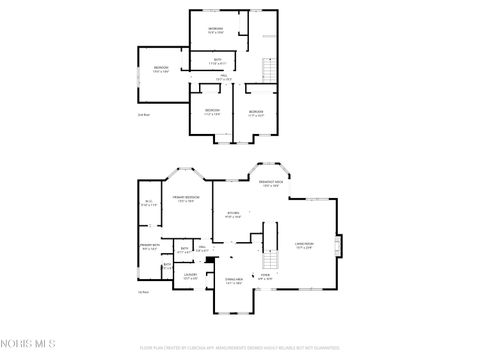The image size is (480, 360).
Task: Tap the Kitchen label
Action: coord(233,214)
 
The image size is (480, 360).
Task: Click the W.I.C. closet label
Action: coord(148,204)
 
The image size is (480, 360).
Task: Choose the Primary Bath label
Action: coord(150,247)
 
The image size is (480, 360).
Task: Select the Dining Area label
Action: coord(234,282)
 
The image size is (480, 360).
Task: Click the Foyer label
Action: coord(266,275)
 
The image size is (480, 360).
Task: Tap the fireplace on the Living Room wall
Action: coord(338,245)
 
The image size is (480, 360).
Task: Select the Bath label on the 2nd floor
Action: coord(218,61)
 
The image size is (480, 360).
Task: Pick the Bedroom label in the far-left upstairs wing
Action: coord(161,69)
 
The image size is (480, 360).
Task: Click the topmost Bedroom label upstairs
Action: coord(216,30)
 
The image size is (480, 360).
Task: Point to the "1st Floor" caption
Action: coord(142,292)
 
